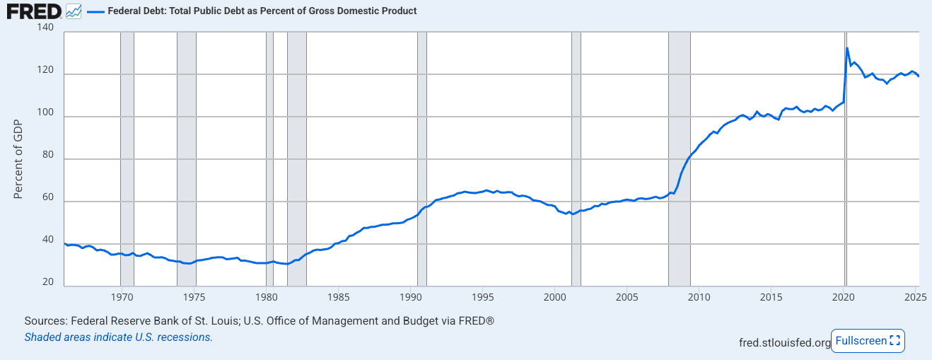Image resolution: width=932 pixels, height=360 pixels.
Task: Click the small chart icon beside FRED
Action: (x=74, y=11)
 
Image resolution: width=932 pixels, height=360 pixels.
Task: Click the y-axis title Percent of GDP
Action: (x=19, y=159)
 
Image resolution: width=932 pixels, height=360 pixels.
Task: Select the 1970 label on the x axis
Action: (x=122, y=296)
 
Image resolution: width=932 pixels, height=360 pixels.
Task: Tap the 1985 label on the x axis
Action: (x=339, y=296)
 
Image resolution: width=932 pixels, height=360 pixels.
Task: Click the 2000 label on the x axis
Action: (x=555, y=296)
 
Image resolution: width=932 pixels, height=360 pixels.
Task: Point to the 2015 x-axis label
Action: (x=771, y=296)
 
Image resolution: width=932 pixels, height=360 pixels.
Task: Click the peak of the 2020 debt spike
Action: (x=847, y=48)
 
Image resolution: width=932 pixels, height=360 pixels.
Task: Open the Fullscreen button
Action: (x=868, y=341)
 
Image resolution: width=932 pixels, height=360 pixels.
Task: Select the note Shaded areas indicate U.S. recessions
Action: (x=119, y=337)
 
